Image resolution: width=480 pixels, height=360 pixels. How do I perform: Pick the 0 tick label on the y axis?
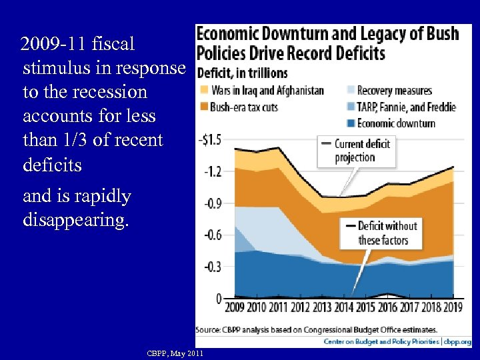point(219,299)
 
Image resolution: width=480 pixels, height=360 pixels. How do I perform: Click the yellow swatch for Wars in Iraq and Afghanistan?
point(203,91)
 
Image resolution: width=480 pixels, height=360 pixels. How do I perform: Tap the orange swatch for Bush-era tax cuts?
point(203,107)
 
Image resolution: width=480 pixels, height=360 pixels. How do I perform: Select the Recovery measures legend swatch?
point(351,91)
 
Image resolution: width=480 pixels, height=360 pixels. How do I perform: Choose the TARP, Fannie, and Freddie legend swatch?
point(351,107)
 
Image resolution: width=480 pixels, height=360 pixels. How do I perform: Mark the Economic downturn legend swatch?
point(351,123)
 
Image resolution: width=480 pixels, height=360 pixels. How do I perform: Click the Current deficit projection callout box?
point(358,151)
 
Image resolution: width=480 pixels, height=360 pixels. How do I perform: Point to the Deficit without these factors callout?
point(382,233)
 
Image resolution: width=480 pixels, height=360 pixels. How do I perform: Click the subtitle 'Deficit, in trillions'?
point(242,73)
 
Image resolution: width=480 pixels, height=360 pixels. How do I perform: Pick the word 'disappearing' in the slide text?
point(75,221)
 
